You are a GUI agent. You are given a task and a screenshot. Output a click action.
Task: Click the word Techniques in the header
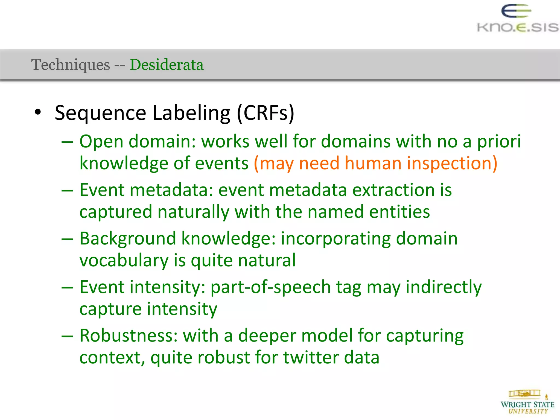(71, 65)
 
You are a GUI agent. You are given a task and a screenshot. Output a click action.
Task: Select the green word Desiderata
(167, 65)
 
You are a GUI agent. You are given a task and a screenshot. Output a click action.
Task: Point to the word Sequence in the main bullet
(100, 113)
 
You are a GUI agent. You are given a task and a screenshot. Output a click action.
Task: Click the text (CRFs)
(266, 113)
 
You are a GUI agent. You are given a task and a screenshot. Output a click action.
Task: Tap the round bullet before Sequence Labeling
(38, 112)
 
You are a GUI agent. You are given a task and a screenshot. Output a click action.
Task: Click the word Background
(128, 239)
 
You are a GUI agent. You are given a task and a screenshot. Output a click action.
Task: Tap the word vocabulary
(124, 261)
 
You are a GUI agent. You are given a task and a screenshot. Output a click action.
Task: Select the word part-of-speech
(270, 288)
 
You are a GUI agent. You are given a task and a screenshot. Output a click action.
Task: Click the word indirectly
(444, 288)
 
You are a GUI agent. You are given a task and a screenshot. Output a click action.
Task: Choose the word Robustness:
(129, 336)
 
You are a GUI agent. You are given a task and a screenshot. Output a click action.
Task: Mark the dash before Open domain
(67, 142)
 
